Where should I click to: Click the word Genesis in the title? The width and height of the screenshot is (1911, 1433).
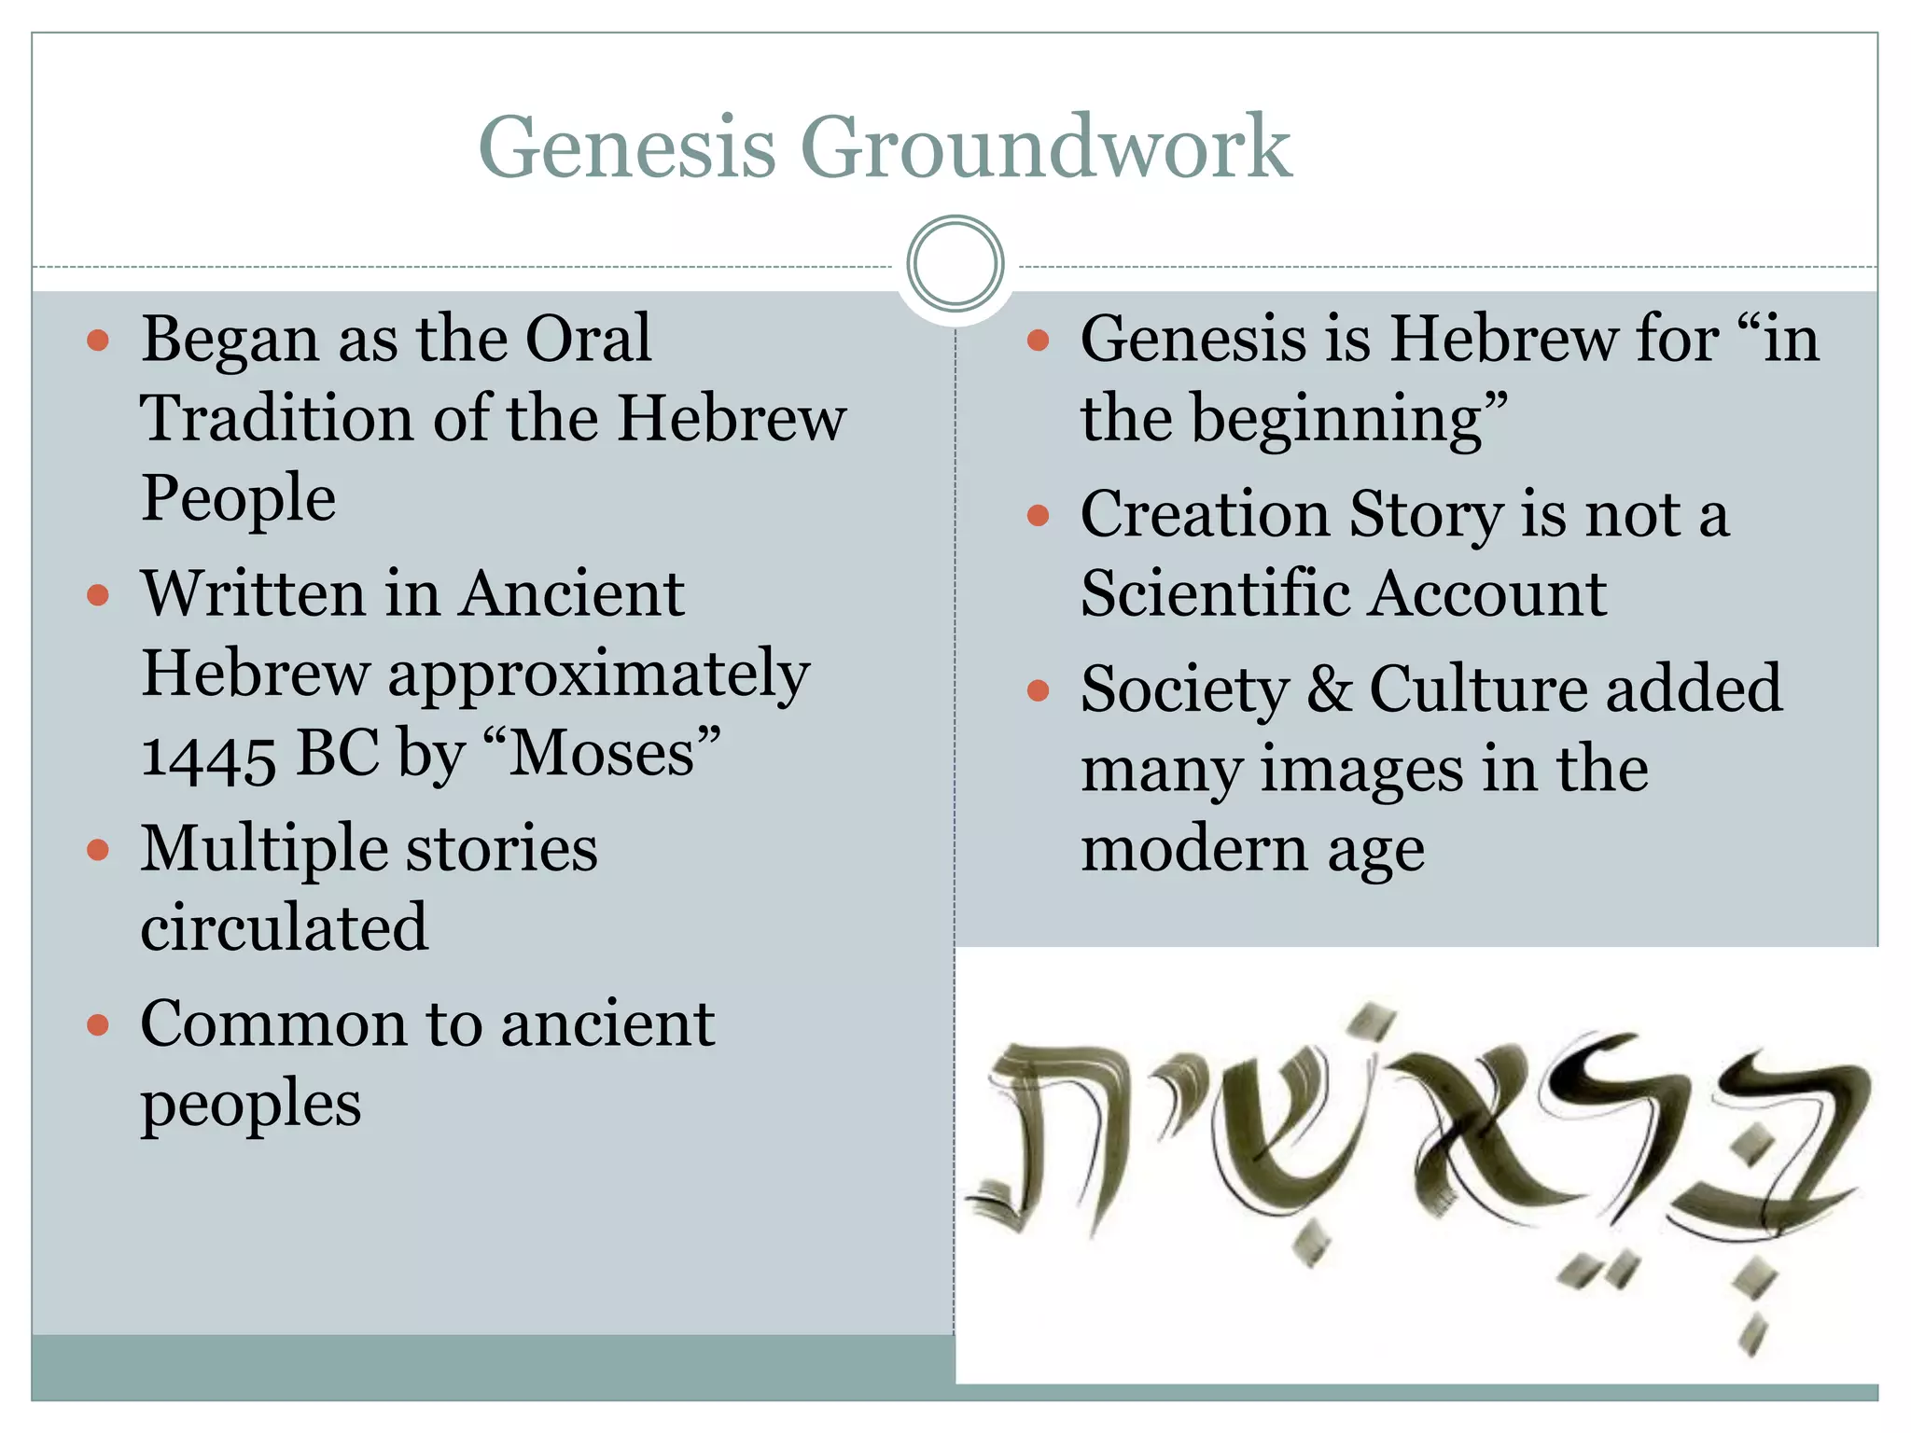pos(627,147)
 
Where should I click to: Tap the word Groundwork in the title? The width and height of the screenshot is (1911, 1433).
pos(1046,147)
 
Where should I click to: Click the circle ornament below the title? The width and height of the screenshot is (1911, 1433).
pos(955,263)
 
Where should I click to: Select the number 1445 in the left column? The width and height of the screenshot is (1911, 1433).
pos(208,756)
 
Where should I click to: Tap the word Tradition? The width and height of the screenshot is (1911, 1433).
pos(276,418)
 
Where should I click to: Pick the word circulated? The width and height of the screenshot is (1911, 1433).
pos(285,927)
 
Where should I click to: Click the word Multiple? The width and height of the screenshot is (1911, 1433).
pos(264,849)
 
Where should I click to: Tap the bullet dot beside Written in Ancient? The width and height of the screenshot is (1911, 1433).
pos(98,595)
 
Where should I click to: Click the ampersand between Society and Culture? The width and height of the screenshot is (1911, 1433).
pos(1329,689)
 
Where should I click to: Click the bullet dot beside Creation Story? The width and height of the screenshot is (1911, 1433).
pos(1038,515)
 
